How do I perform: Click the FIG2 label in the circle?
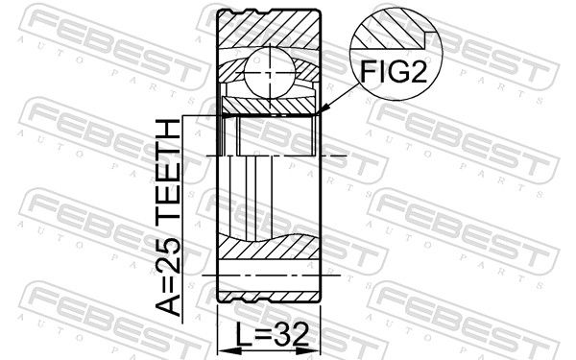pos(394,71)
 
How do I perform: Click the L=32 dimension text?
pos(272,335)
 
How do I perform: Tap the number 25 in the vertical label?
pos(168,254)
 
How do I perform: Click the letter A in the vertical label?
pos(168,304)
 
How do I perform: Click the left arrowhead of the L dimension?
pos(225,351)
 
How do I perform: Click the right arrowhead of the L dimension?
pos(313,351)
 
